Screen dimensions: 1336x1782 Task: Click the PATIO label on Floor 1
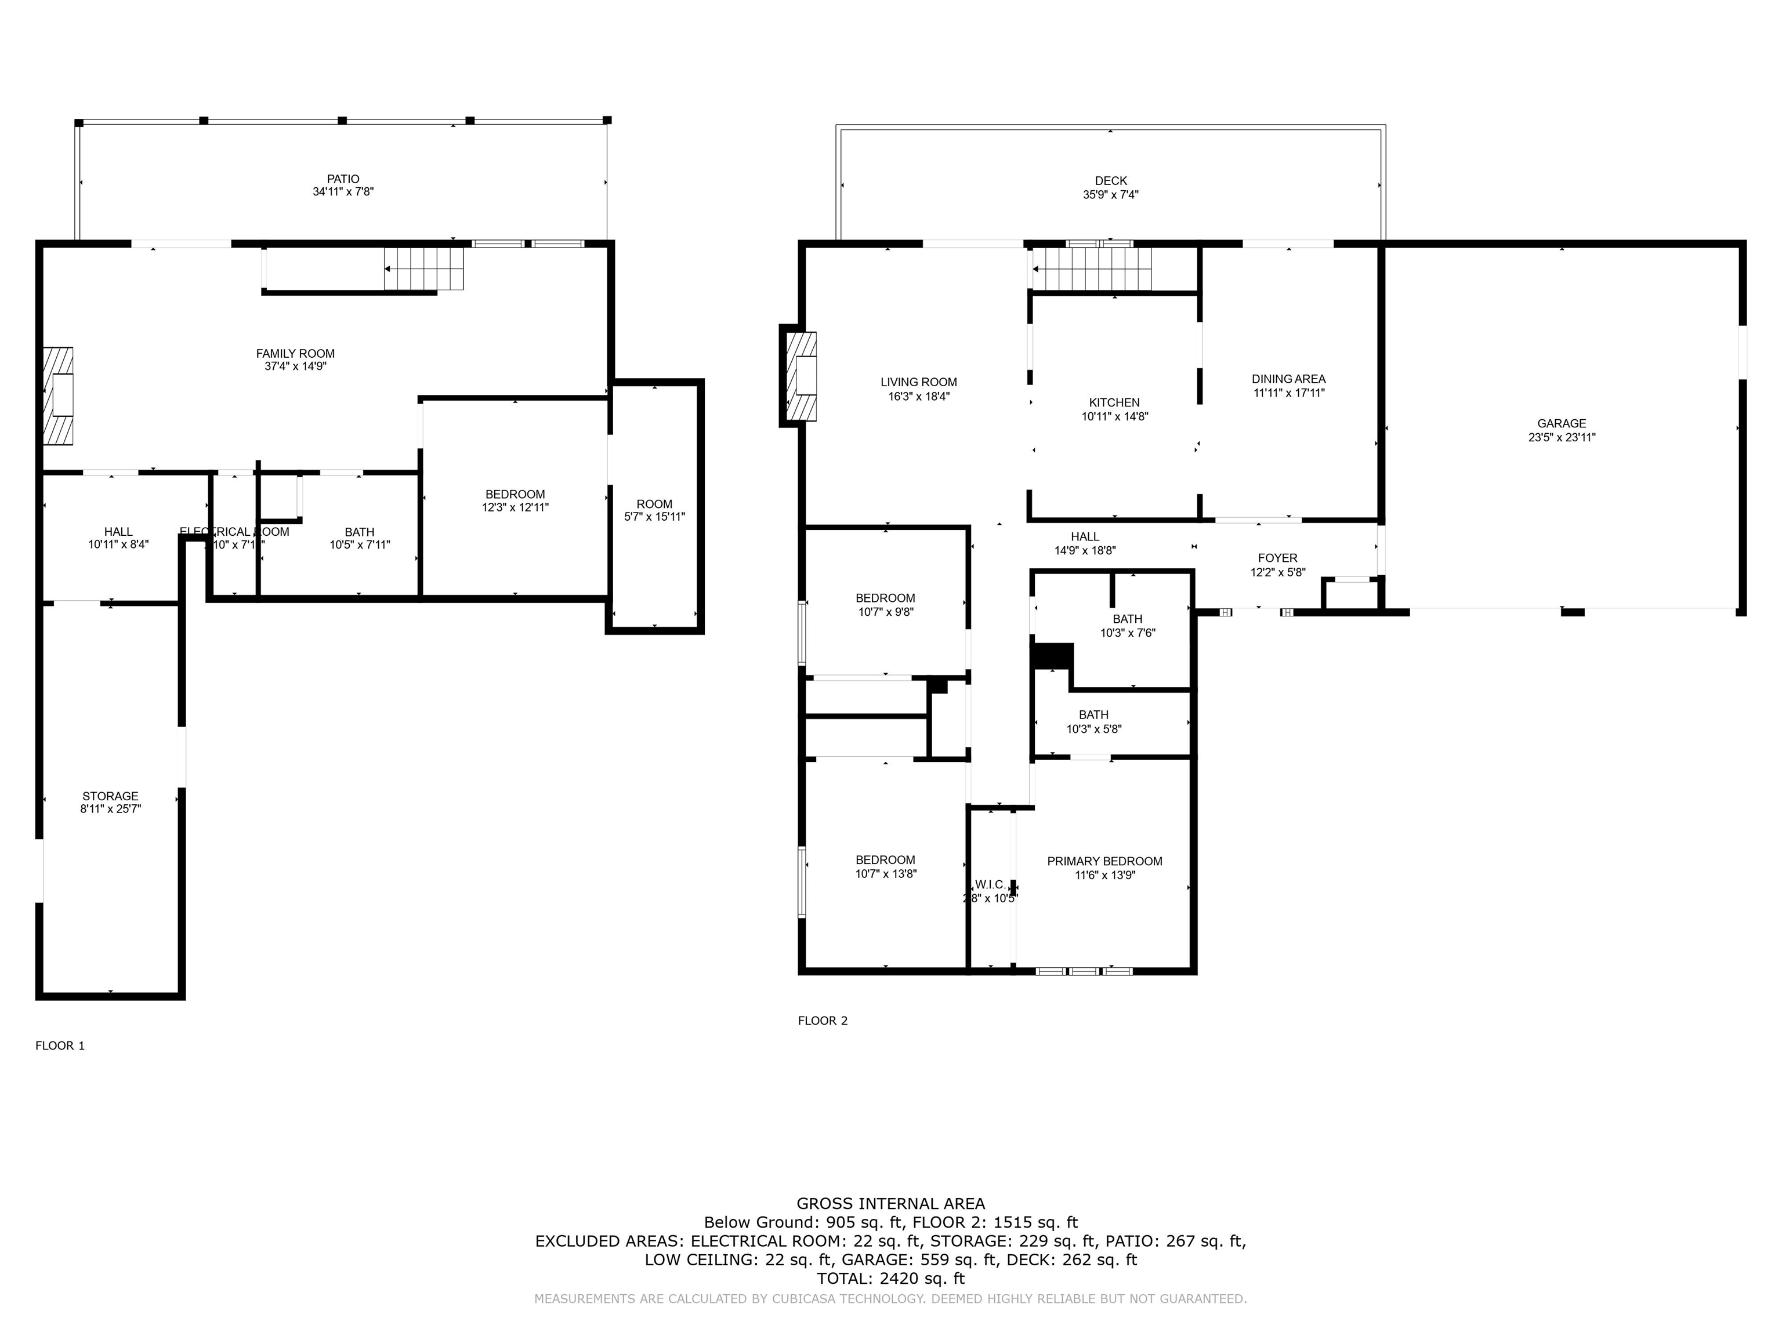tap(343, 179)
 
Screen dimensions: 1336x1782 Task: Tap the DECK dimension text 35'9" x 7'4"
tap(1110, 195)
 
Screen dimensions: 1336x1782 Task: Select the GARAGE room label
tap(1561, 424)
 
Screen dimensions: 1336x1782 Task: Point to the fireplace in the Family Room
tap(59, 395)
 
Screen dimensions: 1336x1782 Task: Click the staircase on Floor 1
tap(425, 268)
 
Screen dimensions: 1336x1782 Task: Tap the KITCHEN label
tap(1114, 402)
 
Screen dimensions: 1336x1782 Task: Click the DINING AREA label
tap(1288, 379)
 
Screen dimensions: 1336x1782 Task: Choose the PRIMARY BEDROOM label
tap(1104, 862)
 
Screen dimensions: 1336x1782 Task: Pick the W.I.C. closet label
tap(990, 884)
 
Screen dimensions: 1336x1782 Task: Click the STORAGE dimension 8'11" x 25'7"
tap(110, 809)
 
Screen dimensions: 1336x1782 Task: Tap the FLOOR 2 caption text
tap(823, 1021)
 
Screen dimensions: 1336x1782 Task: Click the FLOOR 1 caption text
tap(60, 1045)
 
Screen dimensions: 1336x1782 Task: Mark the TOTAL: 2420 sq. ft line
tap(890, 1278)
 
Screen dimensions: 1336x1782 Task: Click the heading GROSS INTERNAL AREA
tap(890, 1204)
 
